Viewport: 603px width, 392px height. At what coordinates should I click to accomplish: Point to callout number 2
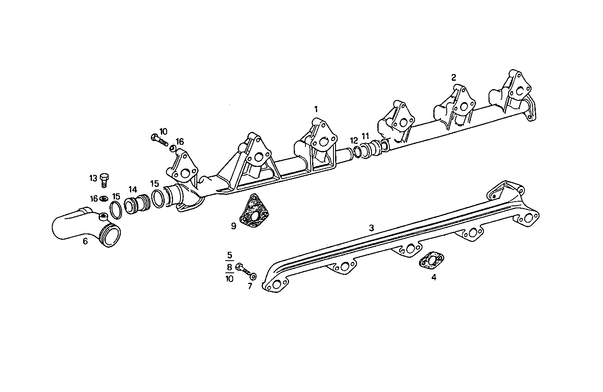click(453, 77)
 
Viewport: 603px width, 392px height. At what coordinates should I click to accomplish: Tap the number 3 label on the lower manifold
click(371, 228)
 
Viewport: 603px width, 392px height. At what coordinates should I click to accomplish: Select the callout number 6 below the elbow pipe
click(85, 241)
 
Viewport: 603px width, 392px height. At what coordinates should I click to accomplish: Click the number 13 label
click(93, 178)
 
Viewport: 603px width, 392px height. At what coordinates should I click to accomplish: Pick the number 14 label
click(132, 189)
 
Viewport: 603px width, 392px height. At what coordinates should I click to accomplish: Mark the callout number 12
click(354, 140)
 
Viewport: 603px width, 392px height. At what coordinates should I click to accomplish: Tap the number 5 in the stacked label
click(229, 255)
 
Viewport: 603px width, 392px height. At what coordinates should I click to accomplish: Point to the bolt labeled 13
click(104, 180)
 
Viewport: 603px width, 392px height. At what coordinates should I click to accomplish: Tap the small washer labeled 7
click(253, 277)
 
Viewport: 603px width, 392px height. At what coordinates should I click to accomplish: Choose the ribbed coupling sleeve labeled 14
click(137, 204)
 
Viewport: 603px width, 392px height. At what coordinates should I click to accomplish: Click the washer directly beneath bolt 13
click(104, 197)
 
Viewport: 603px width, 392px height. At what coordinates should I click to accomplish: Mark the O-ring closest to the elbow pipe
click(116, 209)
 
